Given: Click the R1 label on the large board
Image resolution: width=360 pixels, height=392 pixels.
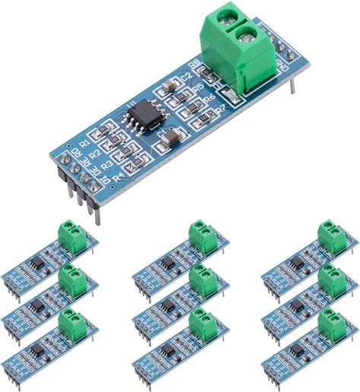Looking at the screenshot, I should [85, 142].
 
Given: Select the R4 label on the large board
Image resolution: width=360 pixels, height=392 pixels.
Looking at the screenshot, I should [118, 176].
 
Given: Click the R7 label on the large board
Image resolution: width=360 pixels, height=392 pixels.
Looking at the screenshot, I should [220, 109].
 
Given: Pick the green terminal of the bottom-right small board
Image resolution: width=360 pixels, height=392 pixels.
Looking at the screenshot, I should [332, 325].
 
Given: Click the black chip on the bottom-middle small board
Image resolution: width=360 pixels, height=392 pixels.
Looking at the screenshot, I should [166, 349].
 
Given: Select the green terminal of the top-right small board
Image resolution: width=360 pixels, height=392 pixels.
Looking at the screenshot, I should [332, 236].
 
